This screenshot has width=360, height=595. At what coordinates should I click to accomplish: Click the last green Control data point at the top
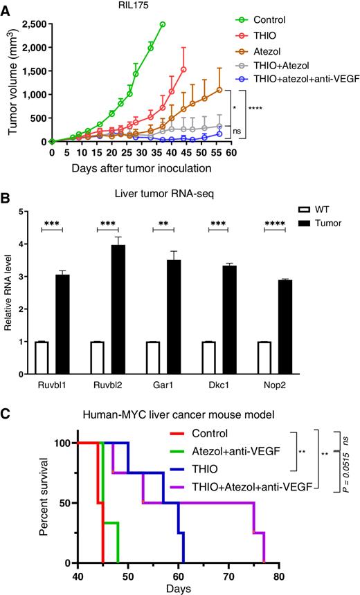point(162,25)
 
